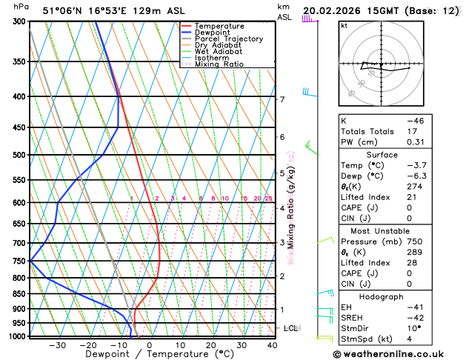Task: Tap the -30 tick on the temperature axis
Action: pyautogui.click(x=57, y=344)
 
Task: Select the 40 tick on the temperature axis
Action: pyautogui.click(x=273, y=344)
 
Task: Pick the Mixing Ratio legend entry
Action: pyautogui.click(x=219, y=64)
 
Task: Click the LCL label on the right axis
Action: pyautogui.click(x=291, y=327)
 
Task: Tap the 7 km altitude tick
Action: pyautogui.click(x=282, y=99)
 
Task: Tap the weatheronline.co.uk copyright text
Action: pyautogui.click(x=398, y=353)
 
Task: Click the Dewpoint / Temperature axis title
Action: pyautogui.click(x=150, y=354)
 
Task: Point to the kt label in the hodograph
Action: pyautogui.click(x=344, y=26)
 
